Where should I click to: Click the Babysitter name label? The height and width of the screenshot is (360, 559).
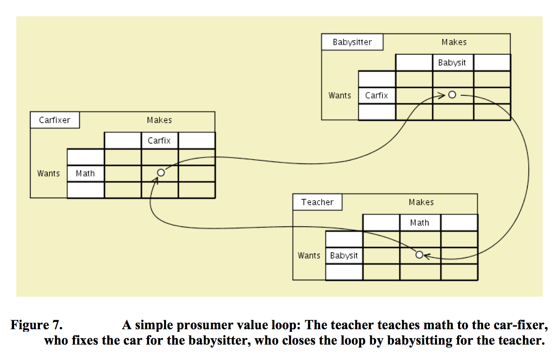coord(352,42)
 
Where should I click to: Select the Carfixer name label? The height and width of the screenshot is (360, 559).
coord(54,120)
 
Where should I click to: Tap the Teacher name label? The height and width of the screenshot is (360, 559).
coord(317,202)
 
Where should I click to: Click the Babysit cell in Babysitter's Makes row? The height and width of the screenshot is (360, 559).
coord(452,63)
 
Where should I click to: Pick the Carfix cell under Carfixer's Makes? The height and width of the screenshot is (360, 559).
coord(159,141)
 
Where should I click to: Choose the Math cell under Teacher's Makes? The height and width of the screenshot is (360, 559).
coord(419,223)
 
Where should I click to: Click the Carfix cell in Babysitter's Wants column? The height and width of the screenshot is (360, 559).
coord(377,95)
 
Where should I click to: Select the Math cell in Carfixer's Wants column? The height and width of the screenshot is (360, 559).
coord(85,174)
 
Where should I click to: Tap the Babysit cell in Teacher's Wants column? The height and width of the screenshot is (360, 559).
coord(344,256)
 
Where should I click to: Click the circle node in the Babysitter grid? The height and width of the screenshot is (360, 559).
coord(452,95)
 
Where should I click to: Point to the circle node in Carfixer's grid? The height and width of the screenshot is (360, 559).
coord(161,173)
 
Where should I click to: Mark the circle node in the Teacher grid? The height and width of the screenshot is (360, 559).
coord(419,255)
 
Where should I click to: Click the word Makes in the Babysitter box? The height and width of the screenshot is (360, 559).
coord(454,42)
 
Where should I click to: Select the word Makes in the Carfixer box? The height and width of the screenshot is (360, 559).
coord(159,120)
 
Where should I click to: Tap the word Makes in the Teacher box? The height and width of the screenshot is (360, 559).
coord(421,202)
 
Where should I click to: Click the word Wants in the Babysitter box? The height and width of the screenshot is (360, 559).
coord(339,95)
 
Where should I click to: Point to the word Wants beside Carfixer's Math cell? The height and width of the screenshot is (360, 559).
coord(48,174)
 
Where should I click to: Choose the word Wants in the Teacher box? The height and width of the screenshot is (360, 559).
coord(309,256)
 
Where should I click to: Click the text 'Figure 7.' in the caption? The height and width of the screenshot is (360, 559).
coord(36,325)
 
